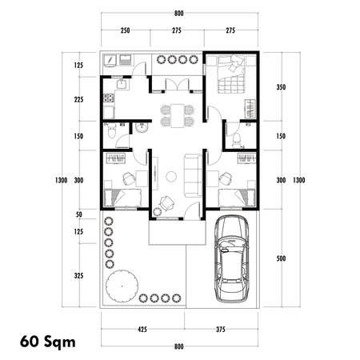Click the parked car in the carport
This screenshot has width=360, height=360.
click(x=232, y=258)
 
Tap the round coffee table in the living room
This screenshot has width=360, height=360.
click(x=171, y=175)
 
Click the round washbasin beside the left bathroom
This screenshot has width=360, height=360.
click(x=141, y=127)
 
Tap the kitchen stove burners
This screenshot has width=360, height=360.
click(x=108, y=99)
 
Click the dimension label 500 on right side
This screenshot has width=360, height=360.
click(x=280, y=258)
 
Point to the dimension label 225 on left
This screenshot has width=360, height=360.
click(x=78, y=100)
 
